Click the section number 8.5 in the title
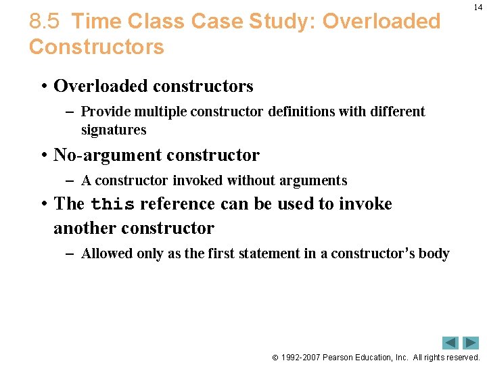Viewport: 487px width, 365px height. click(45, 22)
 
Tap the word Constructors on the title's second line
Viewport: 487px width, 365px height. click(96, 47)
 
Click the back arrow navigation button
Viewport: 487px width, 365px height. click(450, 343)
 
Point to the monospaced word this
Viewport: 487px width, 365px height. click(112, 204)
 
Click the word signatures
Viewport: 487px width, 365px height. click(114, 130)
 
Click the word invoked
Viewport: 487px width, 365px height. click(198, 180)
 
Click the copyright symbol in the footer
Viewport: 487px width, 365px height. click(275, 358)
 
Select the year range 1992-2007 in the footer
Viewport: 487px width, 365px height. click(302, 358)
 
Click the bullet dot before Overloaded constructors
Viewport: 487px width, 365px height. click(43, 87)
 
